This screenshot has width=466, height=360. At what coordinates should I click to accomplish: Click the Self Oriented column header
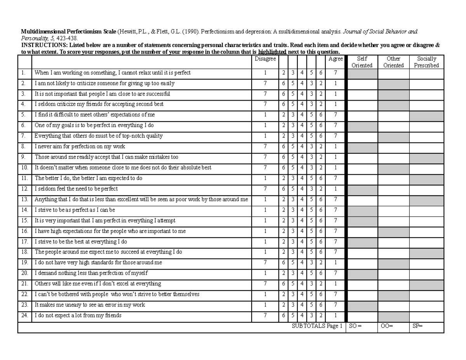362,62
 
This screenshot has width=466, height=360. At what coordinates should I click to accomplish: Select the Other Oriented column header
393,62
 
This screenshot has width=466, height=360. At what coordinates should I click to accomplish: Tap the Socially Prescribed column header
426,62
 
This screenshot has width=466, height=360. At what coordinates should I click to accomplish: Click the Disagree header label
265,59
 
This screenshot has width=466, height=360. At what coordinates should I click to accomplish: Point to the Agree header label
336,59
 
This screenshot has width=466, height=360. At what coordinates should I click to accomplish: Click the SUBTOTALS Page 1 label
317,327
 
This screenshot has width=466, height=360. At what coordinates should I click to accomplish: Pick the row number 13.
24,200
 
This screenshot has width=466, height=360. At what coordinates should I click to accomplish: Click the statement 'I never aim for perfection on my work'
80,147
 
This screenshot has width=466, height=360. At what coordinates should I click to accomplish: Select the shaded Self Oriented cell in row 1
362,73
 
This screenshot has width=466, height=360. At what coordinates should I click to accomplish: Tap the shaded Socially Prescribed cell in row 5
426,115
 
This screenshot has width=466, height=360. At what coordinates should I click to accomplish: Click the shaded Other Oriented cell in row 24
393,316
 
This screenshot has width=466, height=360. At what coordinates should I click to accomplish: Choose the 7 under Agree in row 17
336,242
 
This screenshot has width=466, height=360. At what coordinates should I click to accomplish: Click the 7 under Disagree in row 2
265,83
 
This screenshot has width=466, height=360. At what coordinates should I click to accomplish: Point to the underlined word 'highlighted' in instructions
272,52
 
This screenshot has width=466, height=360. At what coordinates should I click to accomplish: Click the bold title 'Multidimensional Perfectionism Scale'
68,31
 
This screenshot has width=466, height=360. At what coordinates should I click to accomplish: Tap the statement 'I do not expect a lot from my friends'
78,316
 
